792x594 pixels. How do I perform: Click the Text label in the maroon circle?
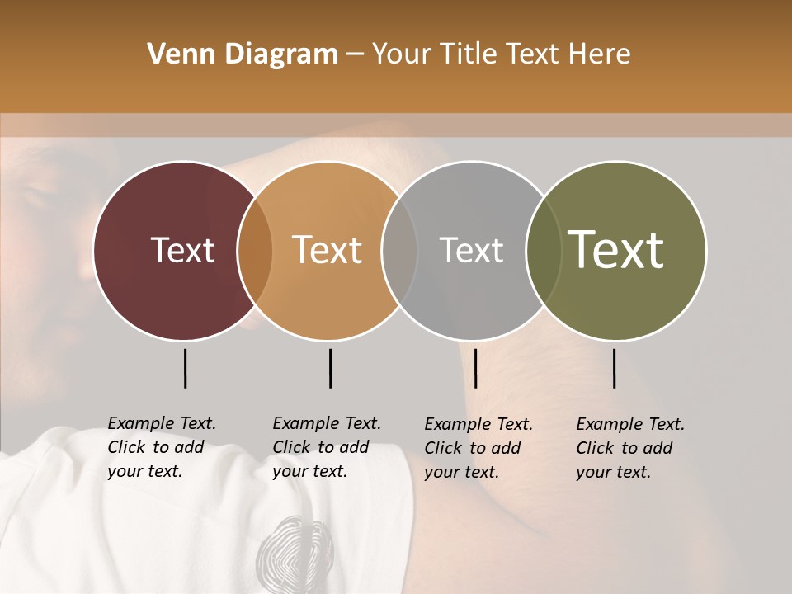[182, 250]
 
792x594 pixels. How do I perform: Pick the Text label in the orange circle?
[327, 250]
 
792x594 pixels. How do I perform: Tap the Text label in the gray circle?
[471, 250]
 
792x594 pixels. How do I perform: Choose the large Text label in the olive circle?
[615, 250]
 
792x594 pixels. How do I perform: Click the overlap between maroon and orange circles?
[255, 250]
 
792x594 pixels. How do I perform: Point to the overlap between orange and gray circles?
[399, 250]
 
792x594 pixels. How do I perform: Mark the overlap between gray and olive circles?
[544, 250]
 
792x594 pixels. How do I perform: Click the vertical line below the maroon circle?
[186, 368]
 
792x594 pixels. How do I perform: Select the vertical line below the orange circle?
[330, 368]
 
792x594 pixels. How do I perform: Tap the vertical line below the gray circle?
[475, 368]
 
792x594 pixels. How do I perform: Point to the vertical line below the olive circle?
[615, 368]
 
